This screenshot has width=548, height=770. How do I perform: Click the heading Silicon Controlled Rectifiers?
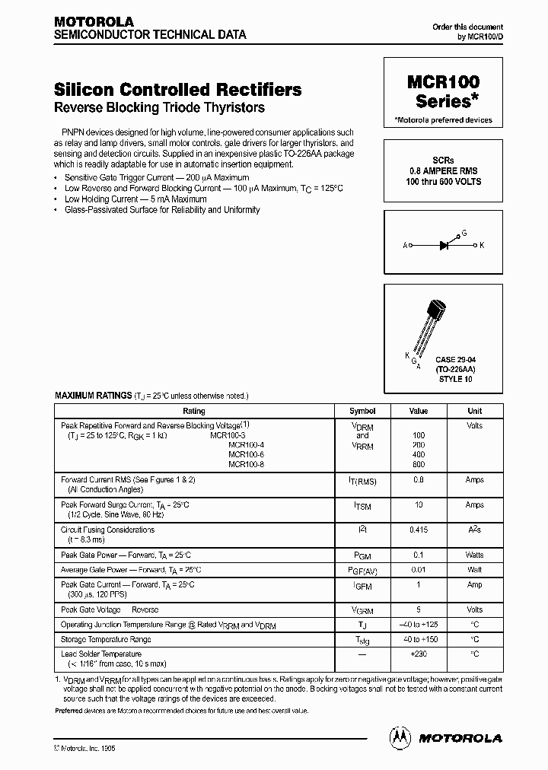click(178, 89)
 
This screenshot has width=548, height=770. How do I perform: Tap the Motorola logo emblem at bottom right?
click(400, 737)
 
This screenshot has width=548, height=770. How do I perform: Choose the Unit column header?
click(474, 411)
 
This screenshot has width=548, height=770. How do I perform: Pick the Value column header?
click(419, 411)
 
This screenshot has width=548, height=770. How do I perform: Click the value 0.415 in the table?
click(419, 529)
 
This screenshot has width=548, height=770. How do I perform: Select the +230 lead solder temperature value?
click(419, 654)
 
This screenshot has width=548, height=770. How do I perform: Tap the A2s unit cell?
click(474, 529)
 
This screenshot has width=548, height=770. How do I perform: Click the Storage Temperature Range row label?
click(106, 639)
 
